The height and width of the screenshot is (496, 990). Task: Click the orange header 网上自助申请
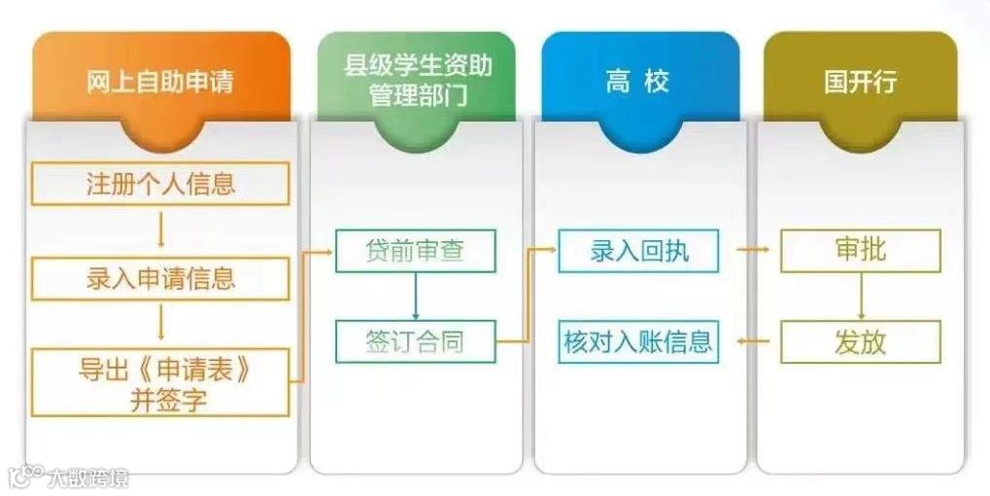160,80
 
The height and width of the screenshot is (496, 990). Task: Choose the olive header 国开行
860,80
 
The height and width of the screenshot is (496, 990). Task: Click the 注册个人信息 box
160,184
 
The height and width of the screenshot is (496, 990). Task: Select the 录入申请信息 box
160,279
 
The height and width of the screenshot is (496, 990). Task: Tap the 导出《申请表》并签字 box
160,382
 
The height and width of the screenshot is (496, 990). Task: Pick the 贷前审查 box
415,251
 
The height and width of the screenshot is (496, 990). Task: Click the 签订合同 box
415,341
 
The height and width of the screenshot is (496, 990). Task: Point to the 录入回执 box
638,251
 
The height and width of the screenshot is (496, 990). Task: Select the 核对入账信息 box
638,341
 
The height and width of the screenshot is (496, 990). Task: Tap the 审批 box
861,251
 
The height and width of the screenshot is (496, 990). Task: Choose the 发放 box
861,341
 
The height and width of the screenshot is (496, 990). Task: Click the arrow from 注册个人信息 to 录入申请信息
160,231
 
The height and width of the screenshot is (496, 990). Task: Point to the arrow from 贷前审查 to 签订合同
416,296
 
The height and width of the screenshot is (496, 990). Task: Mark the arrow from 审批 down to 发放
861,296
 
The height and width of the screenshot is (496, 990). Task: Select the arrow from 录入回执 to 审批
752,251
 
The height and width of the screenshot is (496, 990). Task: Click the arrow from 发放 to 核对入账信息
752,341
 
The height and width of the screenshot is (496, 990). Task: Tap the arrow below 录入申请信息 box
160,324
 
